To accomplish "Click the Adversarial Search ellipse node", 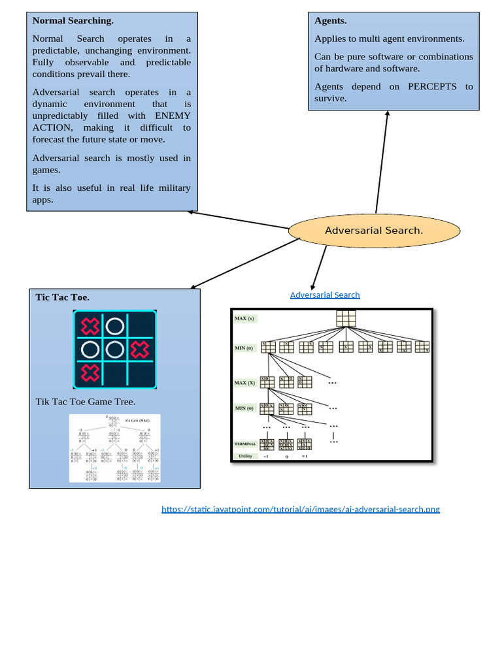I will click(x=374, y=231).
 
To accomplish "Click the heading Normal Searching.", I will click(x=73, y=20).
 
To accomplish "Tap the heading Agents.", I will click(x=330, y=20).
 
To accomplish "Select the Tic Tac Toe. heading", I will click(x=62, y=297).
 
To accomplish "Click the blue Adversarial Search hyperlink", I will click(x=325, y=295).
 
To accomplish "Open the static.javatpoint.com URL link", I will click(x=301, y=509).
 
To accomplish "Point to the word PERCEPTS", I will click(x=432, y=86).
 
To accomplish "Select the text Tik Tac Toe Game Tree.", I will click(x=85, y=402).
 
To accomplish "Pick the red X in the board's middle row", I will click(x=139, y=350).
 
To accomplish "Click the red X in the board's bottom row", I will click(x=90, y=374).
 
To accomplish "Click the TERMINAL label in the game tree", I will click(x=245, y=444).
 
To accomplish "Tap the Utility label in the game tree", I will click(x=245, y=456).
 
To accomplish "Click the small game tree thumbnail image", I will click(x=115, y=448).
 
